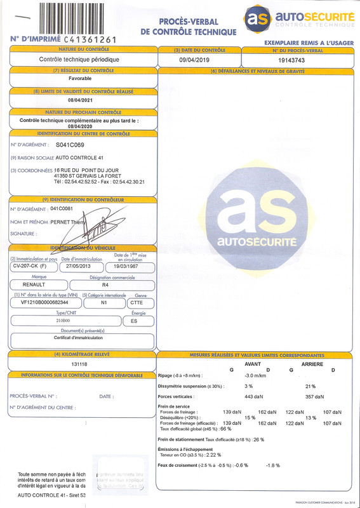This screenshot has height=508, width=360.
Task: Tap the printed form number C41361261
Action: [91, 39]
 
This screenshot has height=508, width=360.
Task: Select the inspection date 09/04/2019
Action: [194, 59]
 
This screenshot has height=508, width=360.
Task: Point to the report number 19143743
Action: [291, 59]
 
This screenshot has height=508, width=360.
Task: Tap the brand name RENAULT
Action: [38, 285]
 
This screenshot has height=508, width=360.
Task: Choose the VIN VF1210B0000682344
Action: [40, 303]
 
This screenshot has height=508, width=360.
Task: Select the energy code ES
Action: [133, 321]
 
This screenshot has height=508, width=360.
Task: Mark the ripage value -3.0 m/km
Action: [255, 376]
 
